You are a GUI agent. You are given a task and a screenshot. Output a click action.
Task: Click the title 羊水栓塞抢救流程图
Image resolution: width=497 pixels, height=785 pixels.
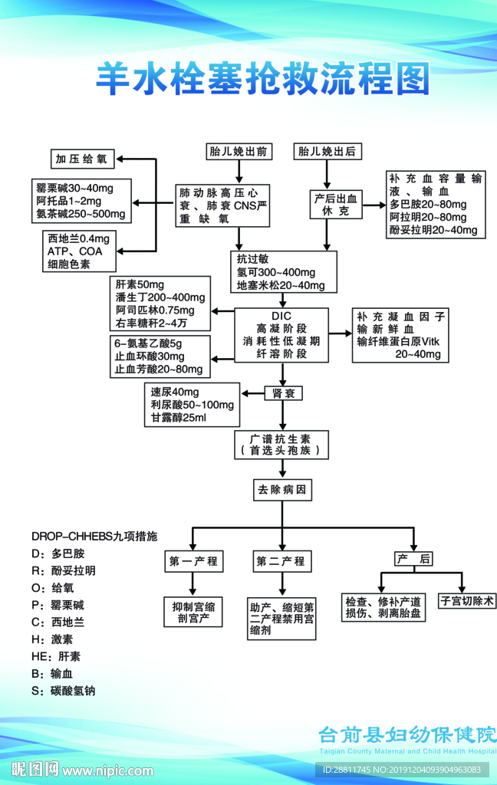263,79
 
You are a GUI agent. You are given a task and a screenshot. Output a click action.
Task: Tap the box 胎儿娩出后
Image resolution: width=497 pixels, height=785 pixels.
328,151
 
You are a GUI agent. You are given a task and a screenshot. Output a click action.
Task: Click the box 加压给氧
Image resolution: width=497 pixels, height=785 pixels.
84,159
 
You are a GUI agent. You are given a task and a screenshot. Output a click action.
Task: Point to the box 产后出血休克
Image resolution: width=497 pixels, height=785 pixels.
335,204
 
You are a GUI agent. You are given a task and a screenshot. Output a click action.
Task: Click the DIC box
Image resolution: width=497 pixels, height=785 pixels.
281,334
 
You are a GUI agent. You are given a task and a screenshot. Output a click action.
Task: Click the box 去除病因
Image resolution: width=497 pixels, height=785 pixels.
283,489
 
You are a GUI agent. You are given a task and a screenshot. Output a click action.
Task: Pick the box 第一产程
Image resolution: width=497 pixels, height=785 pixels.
193,561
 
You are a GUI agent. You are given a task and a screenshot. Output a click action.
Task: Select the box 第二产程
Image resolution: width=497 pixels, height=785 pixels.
281,561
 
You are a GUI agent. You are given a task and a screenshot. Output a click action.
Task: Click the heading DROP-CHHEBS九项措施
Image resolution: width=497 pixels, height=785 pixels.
94,536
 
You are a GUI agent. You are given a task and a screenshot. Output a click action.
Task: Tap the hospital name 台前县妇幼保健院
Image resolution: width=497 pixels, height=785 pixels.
407,734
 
